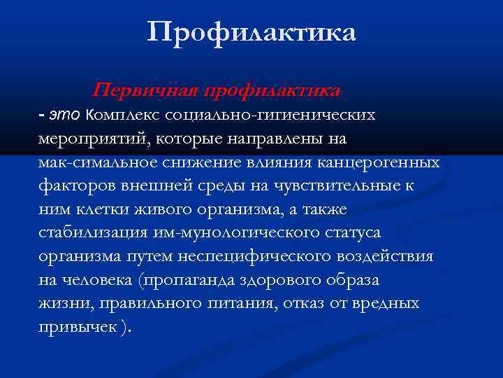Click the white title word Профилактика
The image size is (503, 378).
(251, 32)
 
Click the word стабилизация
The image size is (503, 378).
(89, 234)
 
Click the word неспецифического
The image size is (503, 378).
(240, 258)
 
